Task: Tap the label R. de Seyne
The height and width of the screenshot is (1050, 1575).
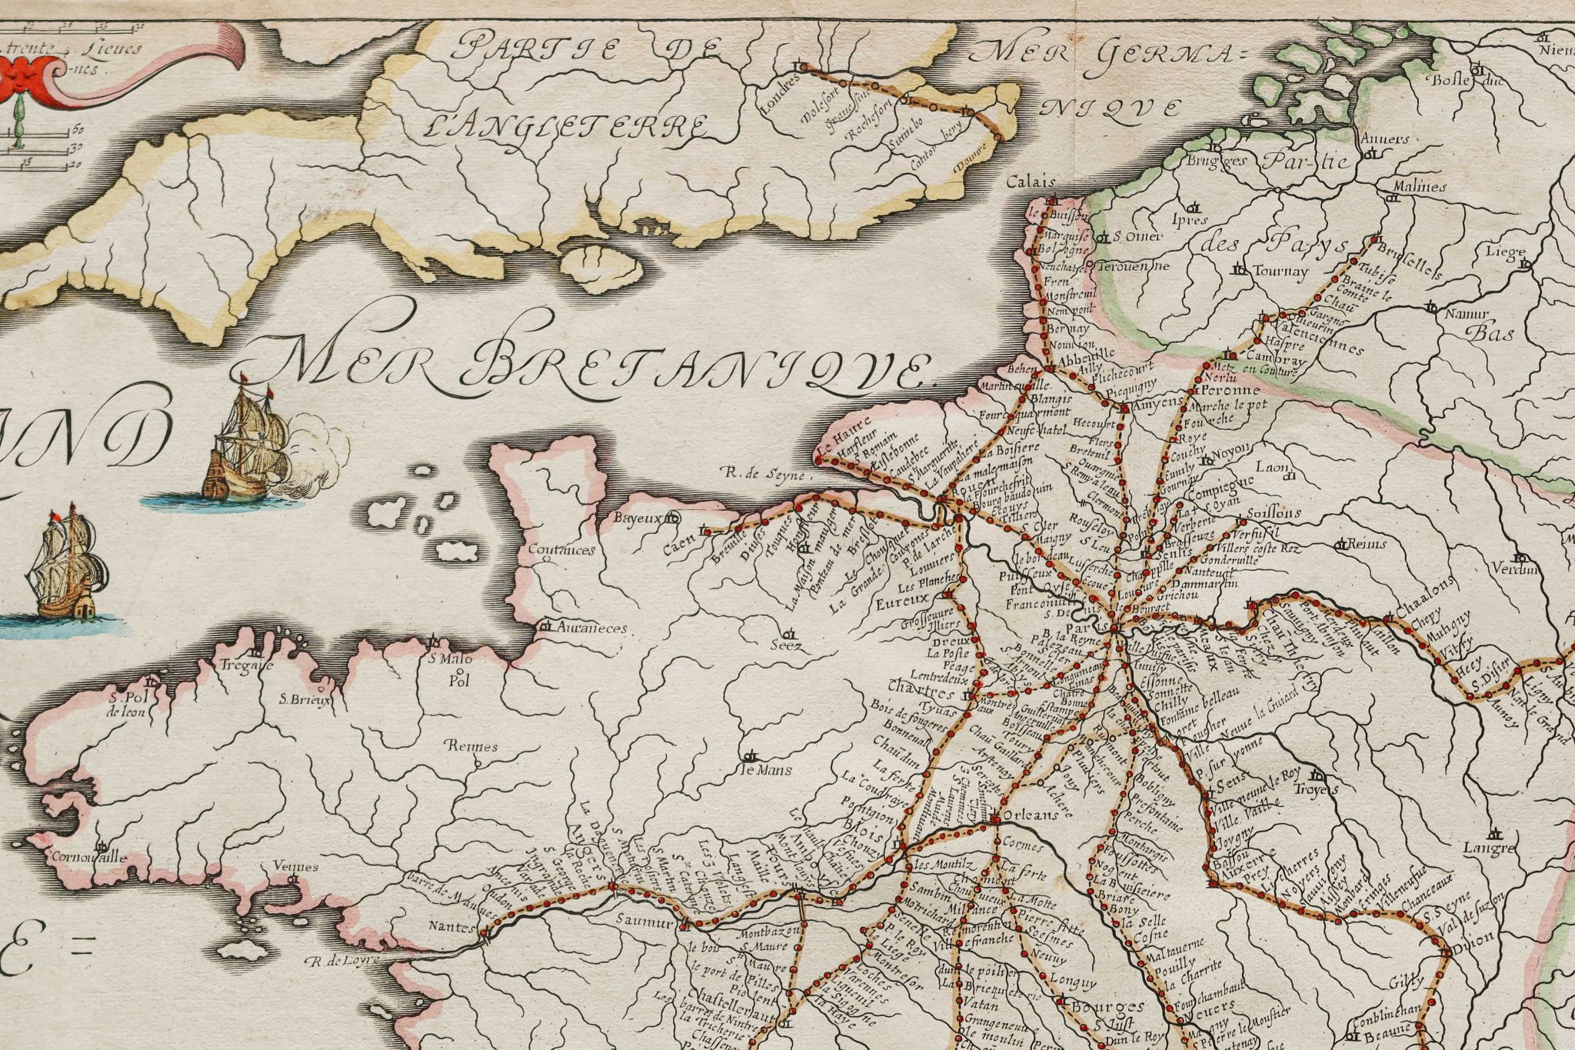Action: click(762, 475)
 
